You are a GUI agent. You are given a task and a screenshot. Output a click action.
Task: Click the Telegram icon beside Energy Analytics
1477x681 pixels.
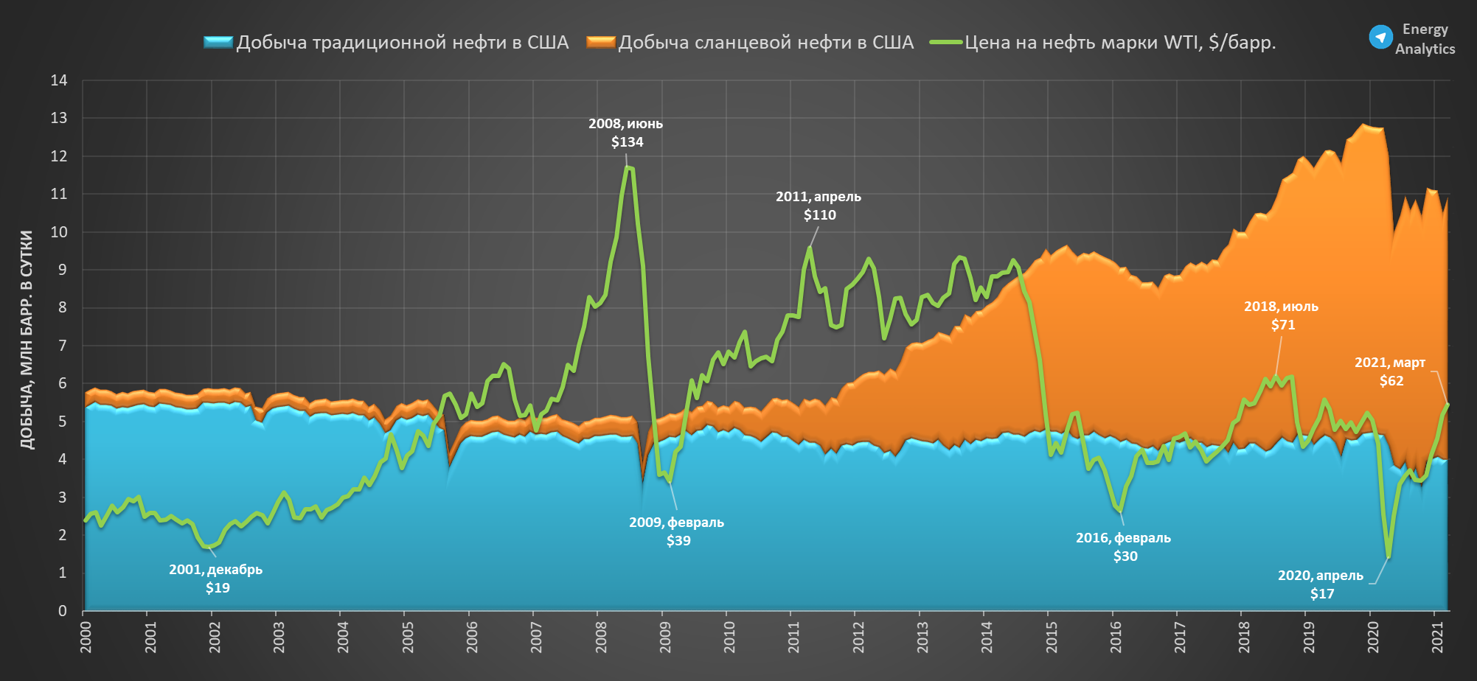(x=1380, y=37)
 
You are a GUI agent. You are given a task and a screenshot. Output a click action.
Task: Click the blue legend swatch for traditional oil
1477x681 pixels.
(x=218, y=43)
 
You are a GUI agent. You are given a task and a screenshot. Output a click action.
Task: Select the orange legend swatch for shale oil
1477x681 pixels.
(x=601, y=43)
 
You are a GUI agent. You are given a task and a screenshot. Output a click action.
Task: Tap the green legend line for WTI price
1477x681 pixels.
(x=946, y=43)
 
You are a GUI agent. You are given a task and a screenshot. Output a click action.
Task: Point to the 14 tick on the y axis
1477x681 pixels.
(x=59, y=80)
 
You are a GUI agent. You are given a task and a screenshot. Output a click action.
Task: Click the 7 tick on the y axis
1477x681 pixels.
(x=63, y=346)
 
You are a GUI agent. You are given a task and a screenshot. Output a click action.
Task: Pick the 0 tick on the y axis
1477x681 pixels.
(x=63, y=611)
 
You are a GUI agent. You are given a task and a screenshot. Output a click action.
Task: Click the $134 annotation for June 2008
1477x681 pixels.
(x=627, y=142)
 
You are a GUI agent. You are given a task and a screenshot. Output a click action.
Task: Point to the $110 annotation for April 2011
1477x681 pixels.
(x=819, y=215)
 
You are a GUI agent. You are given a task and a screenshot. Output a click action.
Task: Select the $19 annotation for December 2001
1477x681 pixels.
(x=218, y=588)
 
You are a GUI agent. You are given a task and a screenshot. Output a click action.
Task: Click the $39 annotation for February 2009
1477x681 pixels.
(x=678, y=541)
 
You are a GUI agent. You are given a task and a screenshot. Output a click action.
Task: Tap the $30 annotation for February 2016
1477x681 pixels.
(x=1125, y=556)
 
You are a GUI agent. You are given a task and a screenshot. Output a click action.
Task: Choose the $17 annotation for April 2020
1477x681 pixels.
(x=1322, y=594)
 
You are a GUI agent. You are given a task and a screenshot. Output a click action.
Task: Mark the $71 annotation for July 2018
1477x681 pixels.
(x=1283, y=325)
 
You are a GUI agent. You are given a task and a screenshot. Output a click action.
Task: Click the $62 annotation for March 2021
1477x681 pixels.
(x=1391, y=381)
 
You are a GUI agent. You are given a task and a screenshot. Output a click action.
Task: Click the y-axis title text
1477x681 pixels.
(x=27, y=340)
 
